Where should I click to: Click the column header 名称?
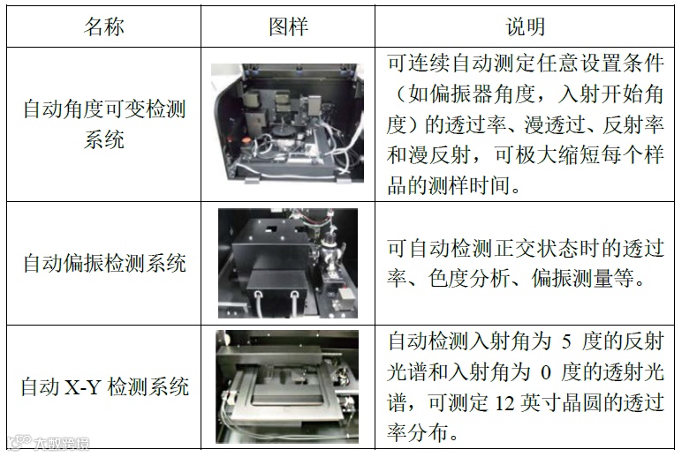click(104, 26)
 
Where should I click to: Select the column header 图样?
click(288, 26)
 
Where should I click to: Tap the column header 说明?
click(525, 26)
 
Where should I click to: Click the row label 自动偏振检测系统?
click(104, 263)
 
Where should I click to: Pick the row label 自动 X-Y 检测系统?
click(104, 386)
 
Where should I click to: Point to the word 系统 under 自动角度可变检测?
click(104, 139)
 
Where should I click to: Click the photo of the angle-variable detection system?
click(287, 124)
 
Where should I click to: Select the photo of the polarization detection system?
click(288, 263)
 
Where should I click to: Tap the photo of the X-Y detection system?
click(287, 386)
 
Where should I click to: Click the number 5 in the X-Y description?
click(566, 341)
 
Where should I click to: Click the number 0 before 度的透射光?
click(545, 372)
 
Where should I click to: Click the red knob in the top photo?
click(246, 141)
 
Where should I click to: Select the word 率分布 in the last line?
click(417, 432)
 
